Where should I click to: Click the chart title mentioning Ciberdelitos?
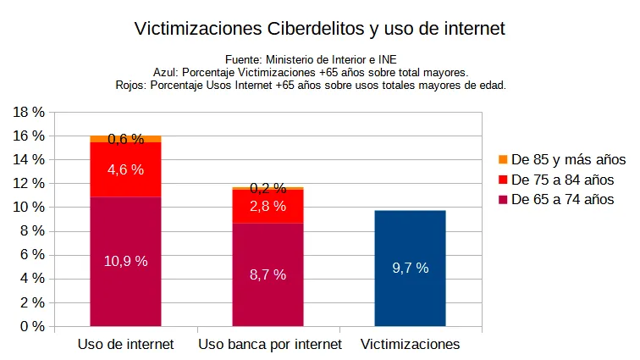tap(320, 29)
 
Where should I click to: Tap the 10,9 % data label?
tap(125, 261)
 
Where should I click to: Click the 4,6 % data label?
tap(125, 169)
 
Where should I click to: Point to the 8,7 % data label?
tap(268, 274)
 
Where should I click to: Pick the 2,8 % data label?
tap(268, 206)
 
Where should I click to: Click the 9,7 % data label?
tap(410, 268)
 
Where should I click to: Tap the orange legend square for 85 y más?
tap(503, 159)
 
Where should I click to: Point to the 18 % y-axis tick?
tap(30, 112)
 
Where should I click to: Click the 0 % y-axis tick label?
tap(34, 326)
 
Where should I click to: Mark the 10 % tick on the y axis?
tap(30, 207)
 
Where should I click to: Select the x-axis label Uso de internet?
tap(125, 344)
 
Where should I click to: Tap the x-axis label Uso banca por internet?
tap(270, 344)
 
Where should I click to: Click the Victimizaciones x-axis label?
tap(410, 344)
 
